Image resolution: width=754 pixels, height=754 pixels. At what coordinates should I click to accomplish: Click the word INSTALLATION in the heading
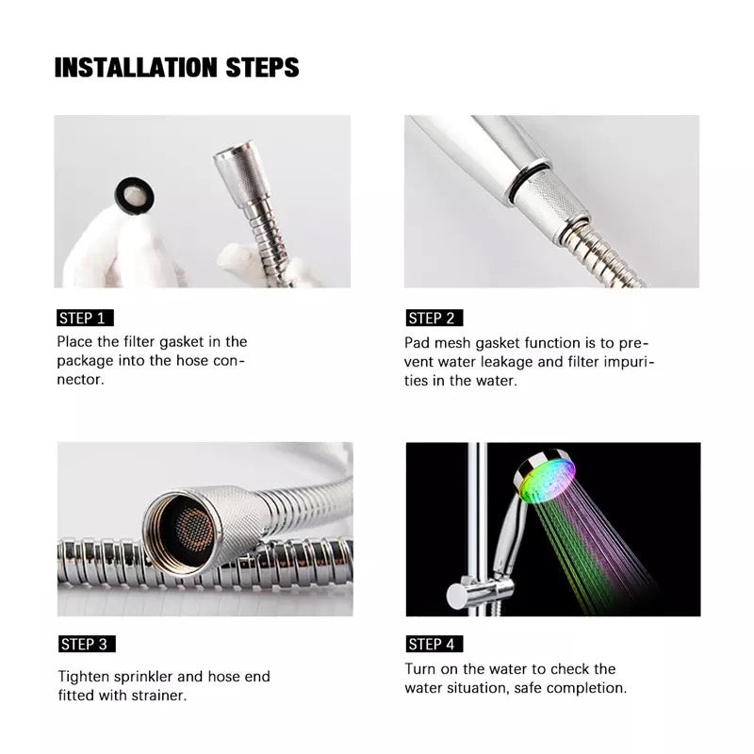[x=136, y=67]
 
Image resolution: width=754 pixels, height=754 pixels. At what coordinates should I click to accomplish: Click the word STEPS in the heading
[x=263, y=67]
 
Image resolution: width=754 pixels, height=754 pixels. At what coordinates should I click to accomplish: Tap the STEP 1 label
[x=85, y=319]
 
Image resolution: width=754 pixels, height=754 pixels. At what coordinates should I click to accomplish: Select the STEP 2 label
[x=434, y=319]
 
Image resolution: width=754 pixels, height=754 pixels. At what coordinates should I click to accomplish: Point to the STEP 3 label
[x=87, y=644]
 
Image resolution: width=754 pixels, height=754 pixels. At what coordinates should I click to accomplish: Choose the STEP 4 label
[x=434, y=644]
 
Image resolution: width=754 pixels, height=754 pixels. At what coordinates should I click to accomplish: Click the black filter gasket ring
[x=135, y=195]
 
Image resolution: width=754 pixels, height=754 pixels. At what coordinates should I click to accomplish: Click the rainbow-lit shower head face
[x=549, y=482]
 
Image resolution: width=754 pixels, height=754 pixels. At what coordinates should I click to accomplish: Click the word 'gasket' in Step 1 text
[x=182, y=342]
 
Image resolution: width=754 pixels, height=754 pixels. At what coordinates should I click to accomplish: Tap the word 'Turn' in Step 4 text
[x=420, y=669]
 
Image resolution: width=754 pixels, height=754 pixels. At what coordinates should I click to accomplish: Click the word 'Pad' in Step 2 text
[x=417, y=343]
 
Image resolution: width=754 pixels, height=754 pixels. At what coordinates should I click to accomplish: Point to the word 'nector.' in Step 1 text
[x=80, y=380]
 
